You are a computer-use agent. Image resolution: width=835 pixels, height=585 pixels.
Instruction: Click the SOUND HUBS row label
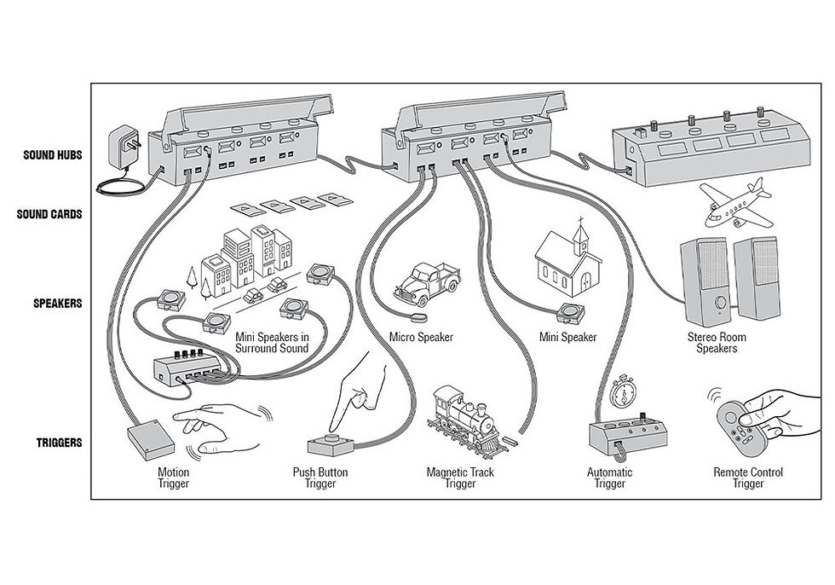coord(52,155)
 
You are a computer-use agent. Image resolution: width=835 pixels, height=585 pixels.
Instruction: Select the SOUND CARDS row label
coord(49,214)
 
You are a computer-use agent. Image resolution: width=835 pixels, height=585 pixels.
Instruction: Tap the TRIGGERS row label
coord(59,443)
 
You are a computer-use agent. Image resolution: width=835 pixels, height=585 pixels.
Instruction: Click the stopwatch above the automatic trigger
coord(623,392)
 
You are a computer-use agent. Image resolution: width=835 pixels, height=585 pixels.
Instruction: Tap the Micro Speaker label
coord(421,337)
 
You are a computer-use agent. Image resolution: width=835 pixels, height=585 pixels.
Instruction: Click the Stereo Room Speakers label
coord(717,343)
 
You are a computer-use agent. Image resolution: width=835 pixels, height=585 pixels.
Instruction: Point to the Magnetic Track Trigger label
coord(460,478)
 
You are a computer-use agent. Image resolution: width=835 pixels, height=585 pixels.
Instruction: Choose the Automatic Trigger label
coord(610,478)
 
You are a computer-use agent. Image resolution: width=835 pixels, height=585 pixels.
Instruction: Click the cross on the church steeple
coord(580,221)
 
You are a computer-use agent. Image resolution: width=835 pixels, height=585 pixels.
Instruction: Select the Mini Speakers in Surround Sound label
coord(272,343)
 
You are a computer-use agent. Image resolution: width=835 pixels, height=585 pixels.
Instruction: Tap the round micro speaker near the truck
coord(418,317)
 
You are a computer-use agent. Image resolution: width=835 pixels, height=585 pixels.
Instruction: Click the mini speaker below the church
coord(570,313)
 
